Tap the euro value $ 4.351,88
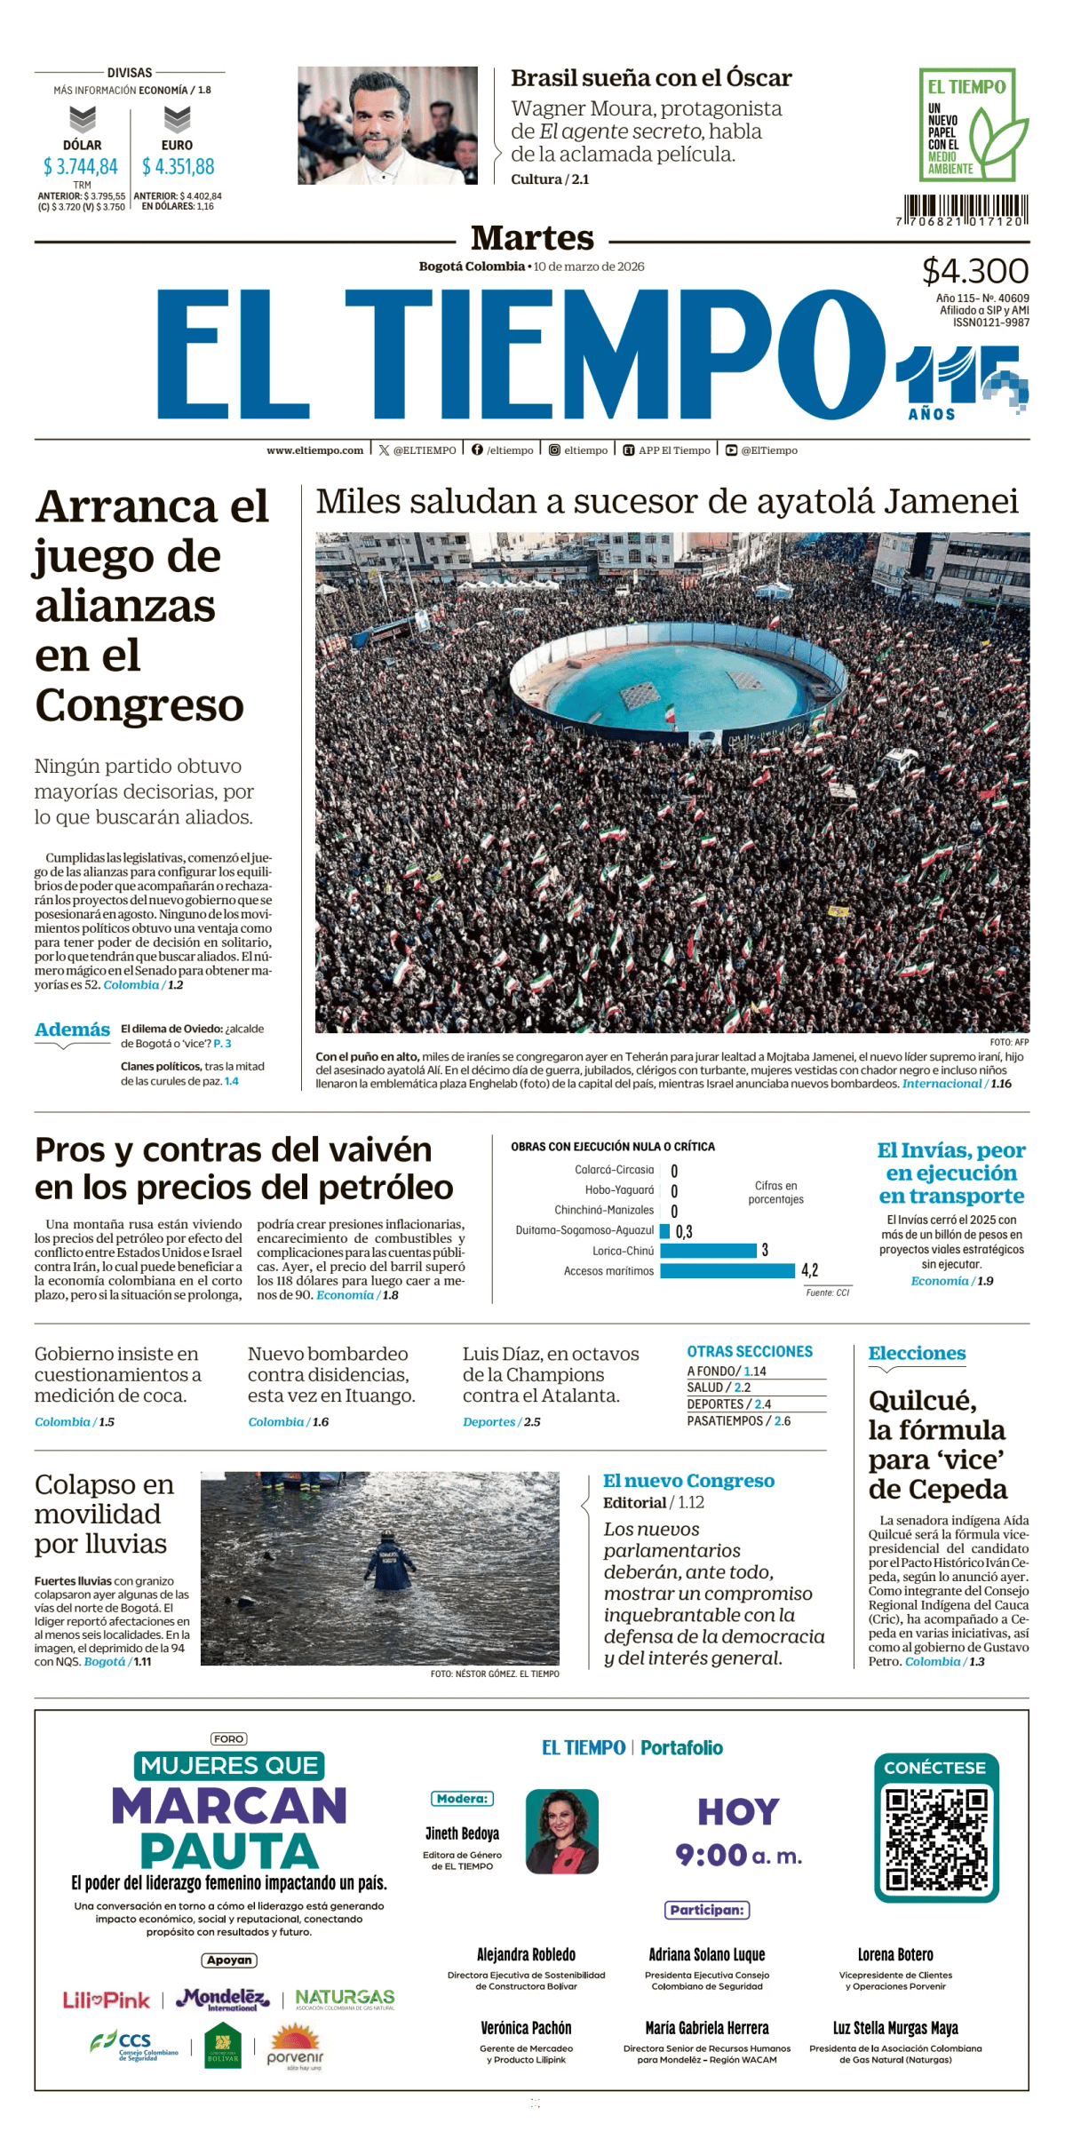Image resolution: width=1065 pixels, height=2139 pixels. (x=178, y=167)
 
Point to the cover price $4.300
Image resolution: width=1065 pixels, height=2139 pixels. (x=974, y=271)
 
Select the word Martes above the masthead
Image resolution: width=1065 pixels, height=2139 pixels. (x=532, y=238)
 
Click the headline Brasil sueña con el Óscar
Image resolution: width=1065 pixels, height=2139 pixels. (x=651, y=78)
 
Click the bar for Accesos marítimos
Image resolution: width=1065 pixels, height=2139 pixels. (x=727, y=1270)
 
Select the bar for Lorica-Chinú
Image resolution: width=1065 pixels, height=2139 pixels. (x=708, y=1250)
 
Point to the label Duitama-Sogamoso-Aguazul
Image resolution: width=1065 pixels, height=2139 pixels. (x=584, y=1230)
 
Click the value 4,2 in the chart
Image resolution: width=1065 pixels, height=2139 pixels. (x=809, y=1270)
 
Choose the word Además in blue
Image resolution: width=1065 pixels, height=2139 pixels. (x=72, y=1030)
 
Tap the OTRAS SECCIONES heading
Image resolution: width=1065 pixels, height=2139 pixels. (x=750, y=1351)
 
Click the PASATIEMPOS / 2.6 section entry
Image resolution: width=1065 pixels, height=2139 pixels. (x=738, y=1420)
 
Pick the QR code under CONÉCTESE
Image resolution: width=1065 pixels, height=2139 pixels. (x=936, y=1839)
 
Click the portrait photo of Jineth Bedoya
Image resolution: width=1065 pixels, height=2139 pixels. (x=561, y=1831)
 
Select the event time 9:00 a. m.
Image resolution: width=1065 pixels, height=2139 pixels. (x=738, y=1855)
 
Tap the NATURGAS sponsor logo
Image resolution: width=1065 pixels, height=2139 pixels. (x=345, y=1999)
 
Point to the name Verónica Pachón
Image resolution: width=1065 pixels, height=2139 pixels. (x=526, y=2028)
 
